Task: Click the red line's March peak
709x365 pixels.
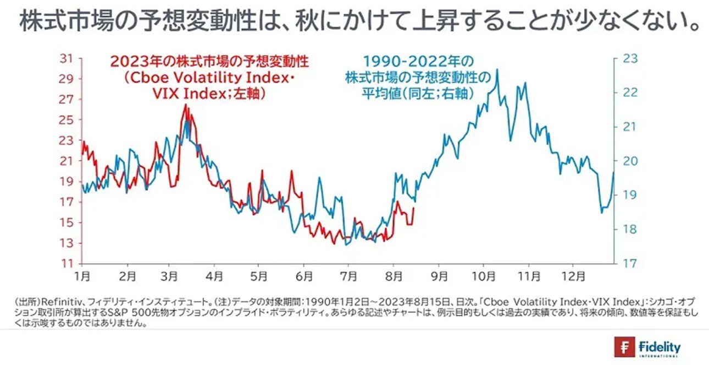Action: [186, 104]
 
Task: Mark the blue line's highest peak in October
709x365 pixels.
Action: [497, 69]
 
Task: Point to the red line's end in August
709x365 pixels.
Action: [413, 208]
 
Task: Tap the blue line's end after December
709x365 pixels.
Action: [613, 172]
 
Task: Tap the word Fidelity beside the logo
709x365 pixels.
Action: [660, 347]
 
